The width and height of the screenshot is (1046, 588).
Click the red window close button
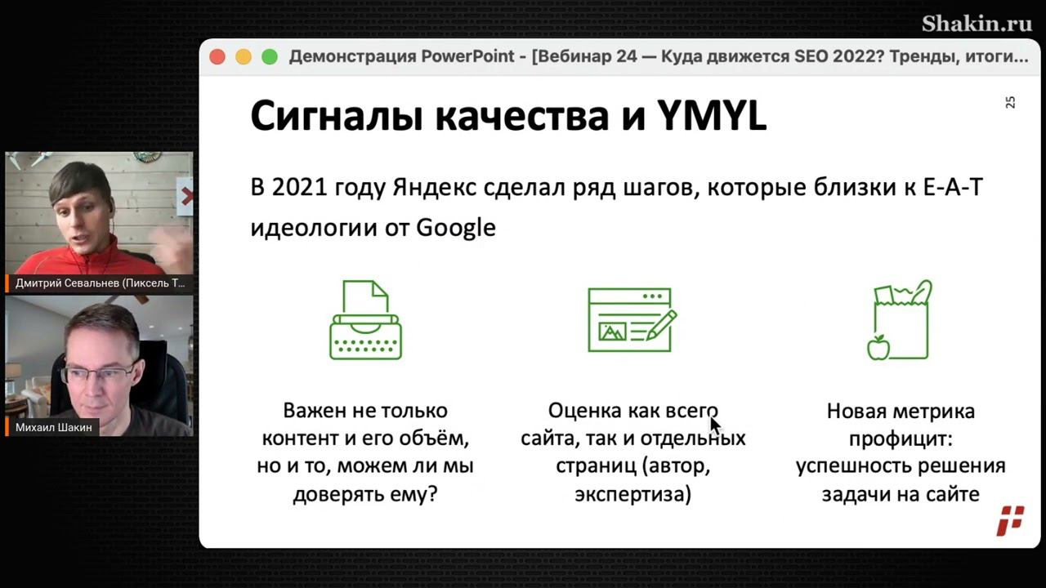point(217,57)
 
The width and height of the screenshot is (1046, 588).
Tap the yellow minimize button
point(244,57)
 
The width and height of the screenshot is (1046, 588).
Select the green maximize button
point(270,57)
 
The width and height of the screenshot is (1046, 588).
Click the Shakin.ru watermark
point(977,24)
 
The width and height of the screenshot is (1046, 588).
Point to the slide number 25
point(1010,103)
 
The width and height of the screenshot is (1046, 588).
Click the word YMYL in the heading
point(712,115)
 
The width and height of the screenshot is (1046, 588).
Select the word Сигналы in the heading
point(337,117)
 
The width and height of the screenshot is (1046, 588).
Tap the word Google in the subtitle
point(456,228)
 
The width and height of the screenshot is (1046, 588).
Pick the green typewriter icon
point(365,320)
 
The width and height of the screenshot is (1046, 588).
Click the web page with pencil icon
point(632,320)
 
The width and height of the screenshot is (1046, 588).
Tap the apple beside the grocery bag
point(878,348)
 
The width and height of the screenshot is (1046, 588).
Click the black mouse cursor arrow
point(715,425)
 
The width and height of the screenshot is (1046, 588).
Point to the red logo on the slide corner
point(1010,521)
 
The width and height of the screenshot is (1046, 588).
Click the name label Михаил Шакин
point(54,427)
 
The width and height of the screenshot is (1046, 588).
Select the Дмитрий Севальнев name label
point(100,283)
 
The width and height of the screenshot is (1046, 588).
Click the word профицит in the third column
point(901,439)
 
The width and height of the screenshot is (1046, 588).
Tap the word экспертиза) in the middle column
point(633,495)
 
